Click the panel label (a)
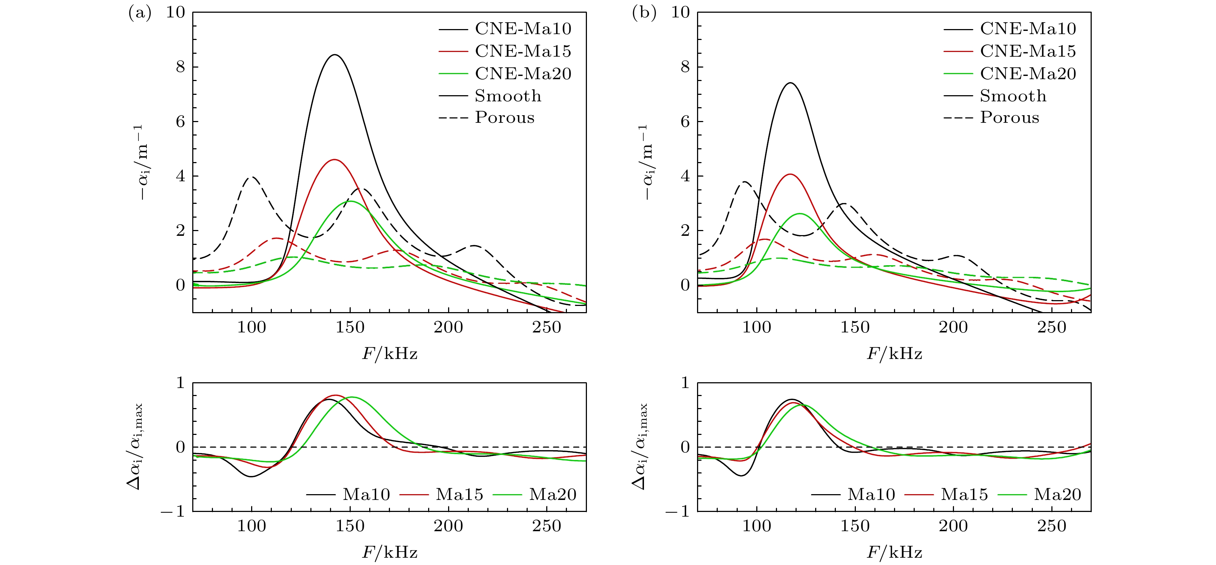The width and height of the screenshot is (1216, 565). (140, 13)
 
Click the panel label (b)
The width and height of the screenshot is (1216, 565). (644, 13)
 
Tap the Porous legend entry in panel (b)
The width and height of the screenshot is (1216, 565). (1009, 117)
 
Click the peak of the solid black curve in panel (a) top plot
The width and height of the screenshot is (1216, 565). (335, 55)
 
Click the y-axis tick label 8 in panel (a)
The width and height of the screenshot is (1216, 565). (180, 67)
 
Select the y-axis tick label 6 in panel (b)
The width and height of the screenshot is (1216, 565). (685, 122)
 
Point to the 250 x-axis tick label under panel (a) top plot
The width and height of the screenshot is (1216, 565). (547, 327)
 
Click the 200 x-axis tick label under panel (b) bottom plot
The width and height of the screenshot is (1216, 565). (953, 526)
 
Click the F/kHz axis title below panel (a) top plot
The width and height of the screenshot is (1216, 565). (390, 354)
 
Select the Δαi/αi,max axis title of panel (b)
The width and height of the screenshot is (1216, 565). (641, 447)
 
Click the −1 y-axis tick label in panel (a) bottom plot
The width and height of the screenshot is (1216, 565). (173, 511)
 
